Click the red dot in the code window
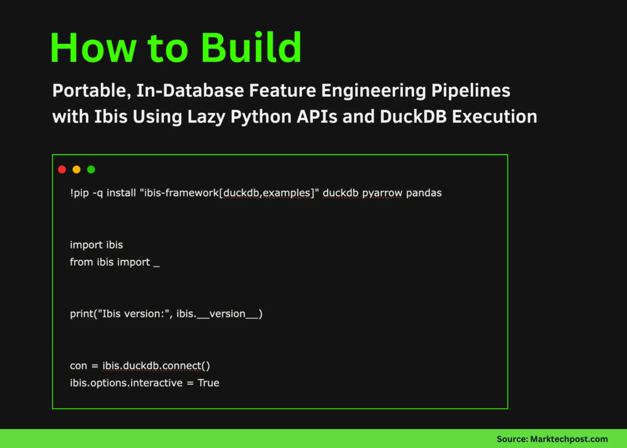click(x=62, y=170)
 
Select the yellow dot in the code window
click(x=77, y=170)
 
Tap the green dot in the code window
click(x=91, y=170)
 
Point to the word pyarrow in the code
click(x=382, y=193)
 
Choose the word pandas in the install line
click(x=424, y=193)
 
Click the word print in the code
click(x=81, y=314)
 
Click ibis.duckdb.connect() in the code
click(x=156, y=366)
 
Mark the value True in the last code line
click(x=208, y=383)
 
